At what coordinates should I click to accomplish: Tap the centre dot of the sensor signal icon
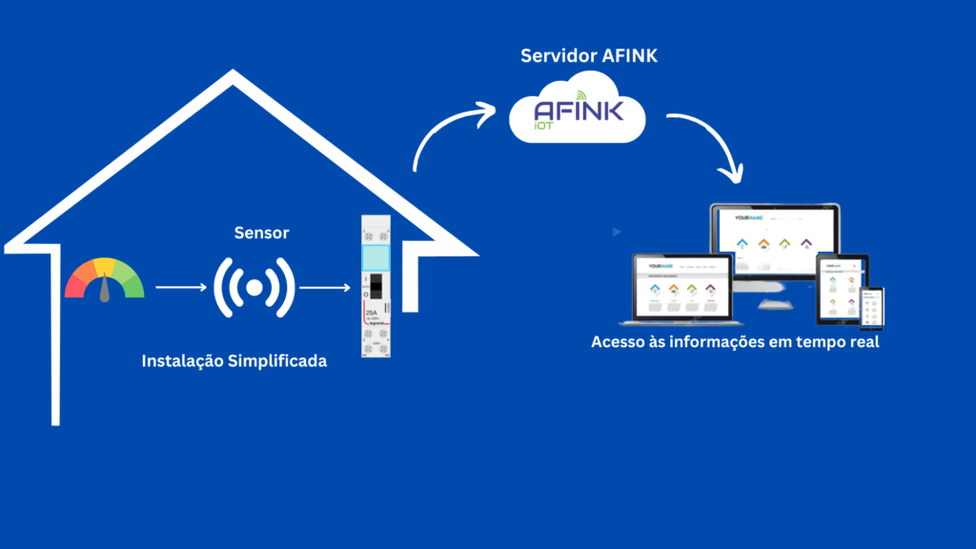pos(254,286)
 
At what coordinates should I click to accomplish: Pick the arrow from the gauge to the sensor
pos(180,286)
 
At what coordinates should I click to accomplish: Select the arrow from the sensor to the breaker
pos(325,286)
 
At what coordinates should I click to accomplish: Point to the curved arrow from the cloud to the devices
pos(711,143)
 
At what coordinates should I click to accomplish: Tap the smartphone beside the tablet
pos(871,307)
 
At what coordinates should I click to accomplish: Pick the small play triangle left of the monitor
pos(617,232)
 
